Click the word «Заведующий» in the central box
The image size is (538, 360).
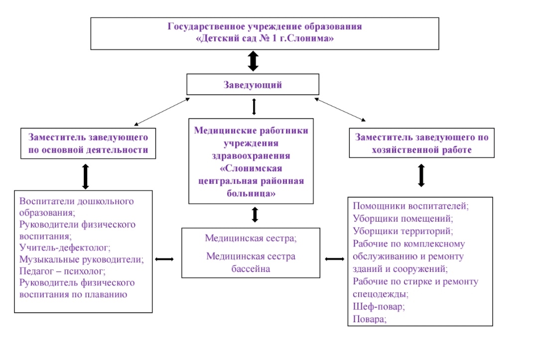coord(253,85)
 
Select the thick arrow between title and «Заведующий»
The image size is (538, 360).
coord(253,61)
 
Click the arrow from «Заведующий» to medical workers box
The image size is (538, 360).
coord(254,107)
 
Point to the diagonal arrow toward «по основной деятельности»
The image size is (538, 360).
coord(162,111)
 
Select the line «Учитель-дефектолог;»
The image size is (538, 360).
coord(65,247)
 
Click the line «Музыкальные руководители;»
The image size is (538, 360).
coord(81,259)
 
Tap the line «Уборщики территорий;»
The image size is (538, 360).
coord(403,231)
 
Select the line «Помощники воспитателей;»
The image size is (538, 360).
coord(411,206)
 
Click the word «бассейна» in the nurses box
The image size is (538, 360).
coord(251,269)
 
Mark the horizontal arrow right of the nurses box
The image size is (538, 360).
coord(334,259)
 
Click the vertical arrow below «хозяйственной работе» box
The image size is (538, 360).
coord(421,175)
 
